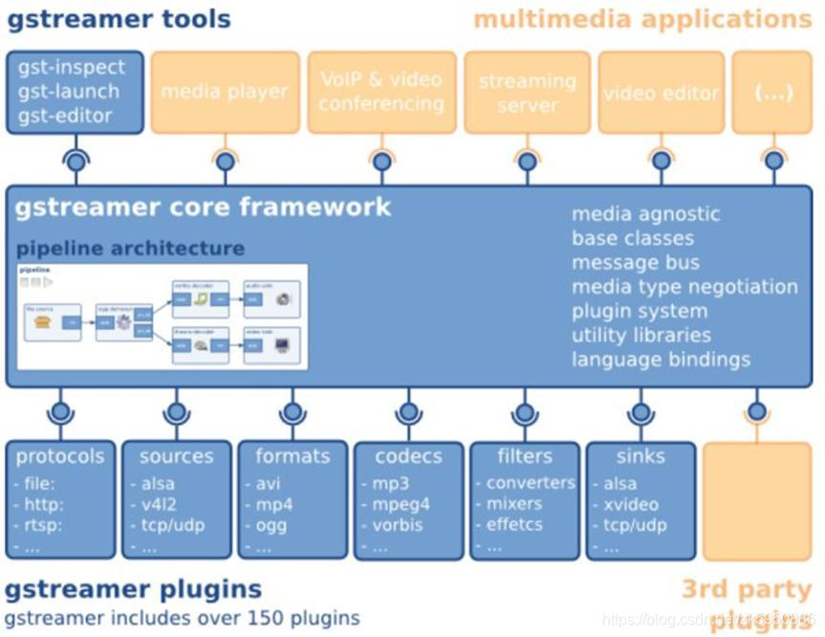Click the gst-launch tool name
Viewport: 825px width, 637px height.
[69, 92]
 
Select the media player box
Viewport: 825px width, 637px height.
[225, 93]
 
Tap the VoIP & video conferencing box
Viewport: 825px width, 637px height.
[380, 92]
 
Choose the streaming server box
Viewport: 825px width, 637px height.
[527, 93]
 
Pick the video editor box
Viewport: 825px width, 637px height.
[661, 93]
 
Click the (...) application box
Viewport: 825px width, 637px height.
[772, 93]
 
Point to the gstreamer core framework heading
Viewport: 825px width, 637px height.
[204, 207]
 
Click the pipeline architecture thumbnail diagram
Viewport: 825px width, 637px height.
[163, 316]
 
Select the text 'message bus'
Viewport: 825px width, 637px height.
[636, 262]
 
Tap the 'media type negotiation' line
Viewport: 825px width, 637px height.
[684, 287]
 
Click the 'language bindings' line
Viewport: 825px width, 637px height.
[661, 360]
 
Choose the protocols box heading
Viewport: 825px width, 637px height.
[59, 456]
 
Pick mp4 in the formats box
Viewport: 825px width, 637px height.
[274, 505]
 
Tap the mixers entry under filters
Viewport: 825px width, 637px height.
[514, 504]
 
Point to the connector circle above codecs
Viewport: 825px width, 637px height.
[409, 413]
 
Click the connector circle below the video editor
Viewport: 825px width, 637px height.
[661, 162]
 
